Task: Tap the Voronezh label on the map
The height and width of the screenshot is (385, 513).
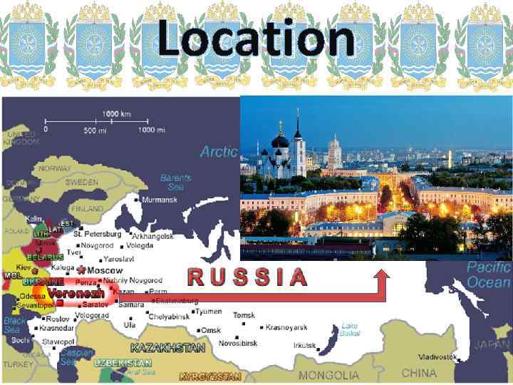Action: tap(76, 293)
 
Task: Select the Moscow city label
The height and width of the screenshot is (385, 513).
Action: tap(105, 271)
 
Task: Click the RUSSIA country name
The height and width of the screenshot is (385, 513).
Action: tap(247, 277)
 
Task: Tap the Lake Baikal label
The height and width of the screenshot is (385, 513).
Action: tap(349, 329)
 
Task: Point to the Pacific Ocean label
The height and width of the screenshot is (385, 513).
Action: tap(489, 274)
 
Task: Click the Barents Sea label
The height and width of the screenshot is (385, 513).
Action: tap(175, 182)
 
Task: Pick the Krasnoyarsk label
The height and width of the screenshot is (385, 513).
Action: tap(286, 327)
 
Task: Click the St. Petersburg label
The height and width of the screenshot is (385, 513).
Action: tap(98, 233)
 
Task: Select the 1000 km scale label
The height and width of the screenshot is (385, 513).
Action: tap(117, 114)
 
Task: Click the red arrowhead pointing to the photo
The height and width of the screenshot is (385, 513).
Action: tap(383, 274)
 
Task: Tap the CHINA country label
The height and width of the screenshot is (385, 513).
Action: tap(419, 373)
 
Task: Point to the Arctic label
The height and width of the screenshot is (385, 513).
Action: tap(218, 151)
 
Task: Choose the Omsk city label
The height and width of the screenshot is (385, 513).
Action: tap(210, 330)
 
